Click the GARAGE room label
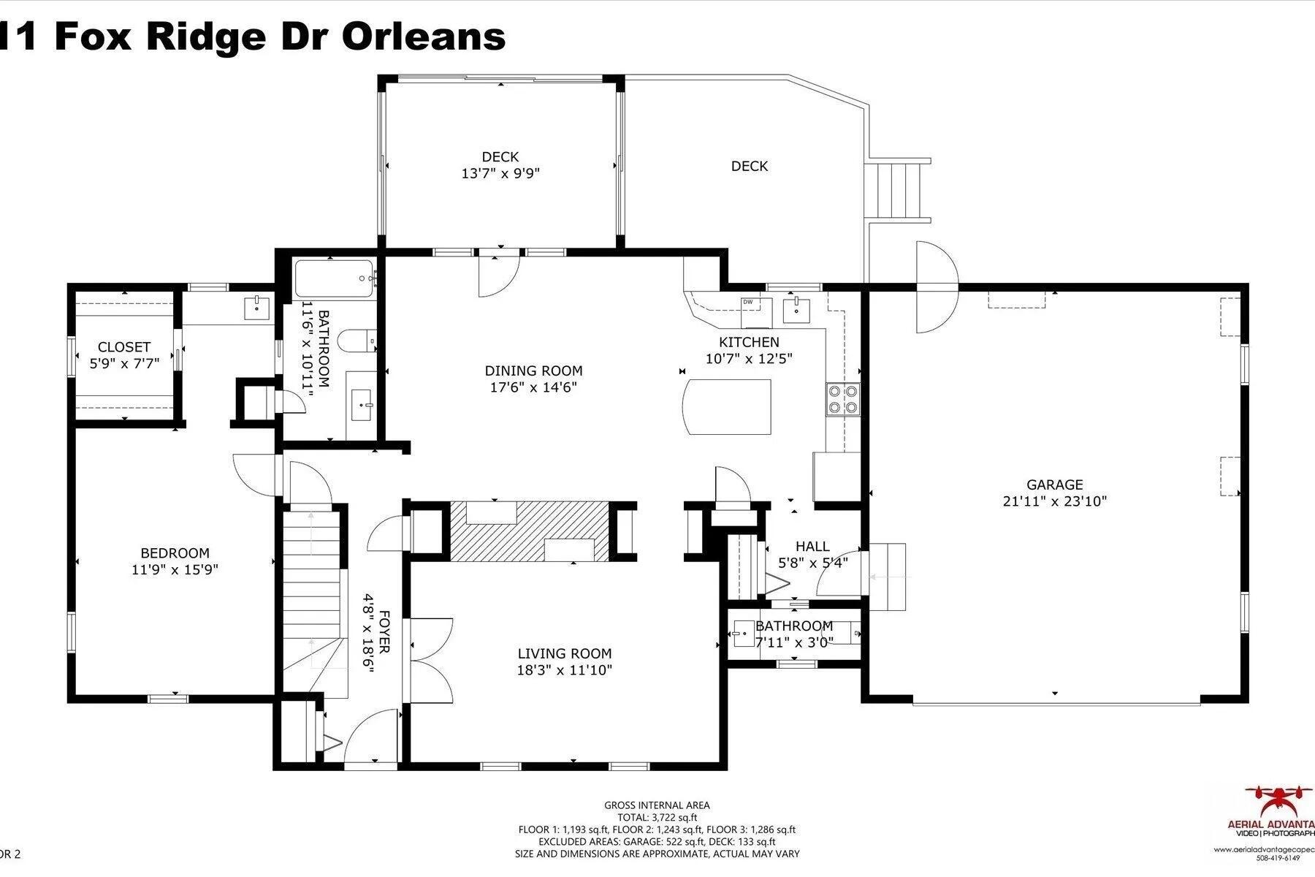click(x=1054, y=485)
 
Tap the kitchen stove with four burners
click(x=842, y=400)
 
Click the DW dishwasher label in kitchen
click(x=747, y=302)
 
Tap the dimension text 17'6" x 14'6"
click(x=533, y=387)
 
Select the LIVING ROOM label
click(x=564, y=653)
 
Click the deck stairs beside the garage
click(x=896, y=189)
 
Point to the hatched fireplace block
click(x=529, y=531)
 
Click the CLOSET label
click(x=124, y=347)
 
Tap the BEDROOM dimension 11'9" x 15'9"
click(x=175, y=570)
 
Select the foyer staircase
click(x=312, y=585)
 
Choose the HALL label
click(x=812, y=546)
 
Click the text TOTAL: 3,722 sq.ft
click(x=656, y=818)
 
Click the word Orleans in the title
click(x=424, y=37)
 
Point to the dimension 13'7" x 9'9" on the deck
click(x=500, y=174)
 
